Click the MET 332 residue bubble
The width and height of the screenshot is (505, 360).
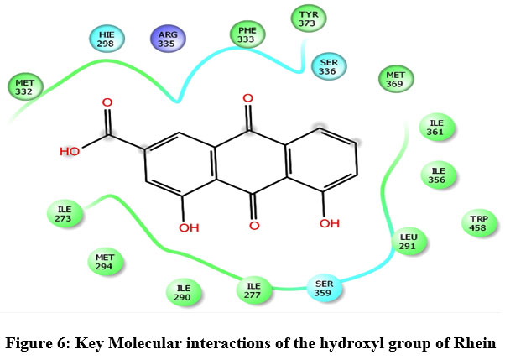click(26, 86)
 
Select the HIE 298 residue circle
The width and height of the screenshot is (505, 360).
click(107, 39)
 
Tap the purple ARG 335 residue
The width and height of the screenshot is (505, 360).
click(166, 39)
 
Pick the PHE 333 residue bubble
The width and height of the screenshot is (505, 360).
click(246, 35)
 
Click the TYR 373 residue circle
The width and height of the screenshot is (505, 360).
click(309, 17)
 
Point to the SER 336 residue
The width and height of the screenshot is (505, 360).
click(327, 65)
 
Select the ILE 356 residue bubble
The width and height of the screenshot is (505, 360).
click(438, 174)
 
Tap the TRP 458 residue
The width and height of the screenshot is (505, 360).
click(476, 222)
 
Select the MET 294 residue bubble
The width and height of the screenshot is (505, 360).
click(105, 262)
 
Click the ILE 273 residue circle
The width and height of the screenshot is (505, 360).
click(65, 213)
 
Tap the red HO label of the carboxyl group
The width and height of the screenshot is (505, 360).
click(70, 152)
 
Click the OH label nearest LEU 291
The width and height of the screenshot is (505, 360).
click(330, 224)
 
